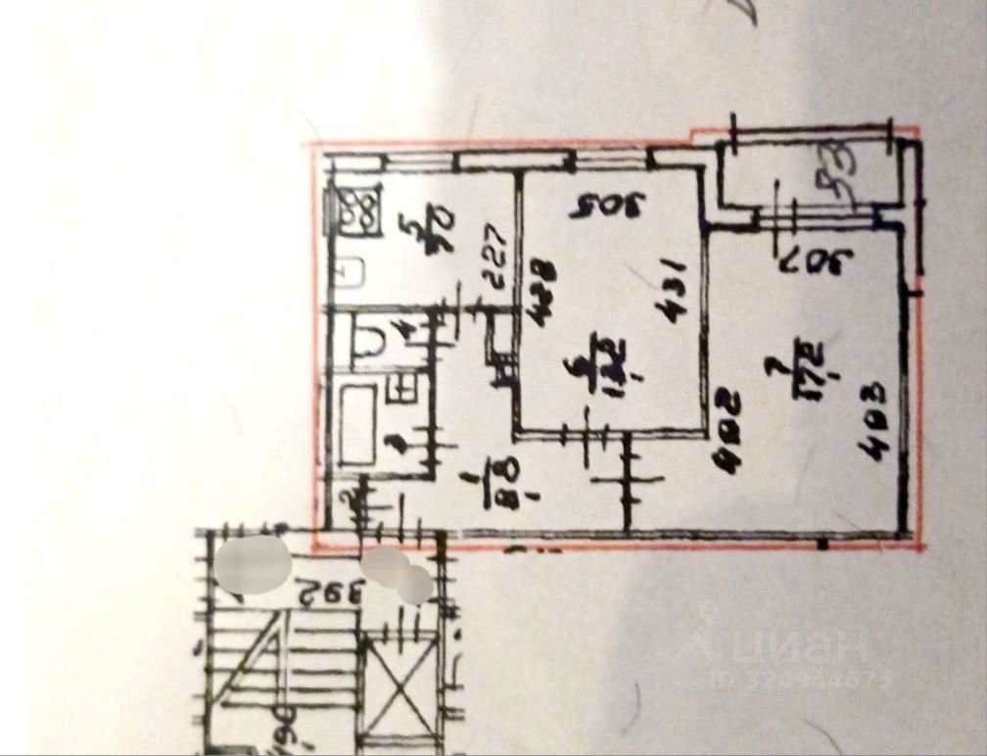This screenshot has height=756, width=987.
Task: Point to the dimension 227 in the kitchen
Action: (494, 257)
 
